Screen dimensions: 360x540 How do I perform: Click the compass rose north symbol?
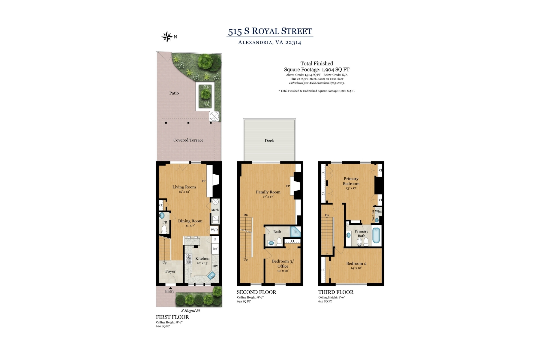tap(167, 37)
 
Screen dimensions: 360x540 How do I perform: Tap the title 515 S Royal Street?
tap(270, 31)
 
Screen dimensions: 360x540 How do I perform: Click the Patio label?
tap(174, 93)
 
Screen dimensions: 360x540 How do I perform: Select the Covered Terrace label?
tap(188, 140)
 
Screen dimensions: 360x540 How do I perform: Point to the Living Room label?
tap(184, 187)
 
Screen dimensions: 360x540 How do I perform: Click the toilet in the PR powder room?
tap(164, 229)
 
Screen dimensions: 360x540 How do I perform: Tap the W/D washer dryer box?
tap(214, 230)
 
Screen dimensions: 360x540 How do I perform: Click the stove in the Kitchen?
tap(188, 259)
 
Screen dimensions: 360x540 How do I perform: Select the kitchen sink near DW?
tap(211, 275)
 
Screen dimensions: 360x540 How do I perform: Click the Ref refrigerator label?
tap(215, 249)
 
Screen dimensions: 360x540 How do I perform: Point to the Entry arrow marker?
tap(170, 288)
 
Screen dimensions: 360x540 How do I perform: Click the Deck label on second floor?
tap(269, 140)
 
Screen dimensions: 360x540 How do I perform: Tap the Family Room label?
tap(268, 192)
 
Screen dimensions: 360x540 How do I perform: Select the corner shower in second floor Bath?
tap(295, 232)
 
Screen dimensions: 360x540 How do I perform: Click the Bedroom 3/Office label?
tap(283, 263)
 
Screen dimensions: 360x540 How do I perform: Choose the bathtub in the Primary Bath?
tap(376, 235)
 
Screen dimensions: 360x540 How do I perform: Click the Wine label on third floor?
tap(378, 211)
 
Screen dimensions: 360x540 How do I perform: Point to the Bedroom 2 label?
tap(356, 263)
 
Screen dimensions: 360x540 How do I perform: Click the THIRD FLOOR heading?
tap(336, 292)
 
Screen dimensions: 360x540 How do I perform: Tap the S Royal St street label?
tap(190, 310)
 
